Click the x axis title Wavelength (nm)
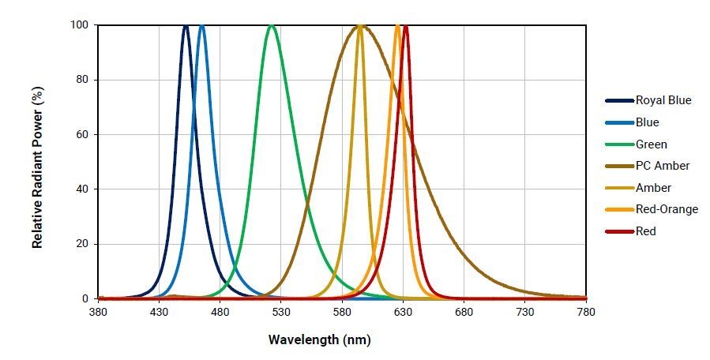click(319, 340)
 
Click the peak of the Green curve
click(272, 25)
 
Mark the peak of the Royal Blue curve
click(186, 25)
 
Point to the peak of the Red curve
click(405, 25)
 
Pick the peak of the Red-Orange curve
click(397, 25)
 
